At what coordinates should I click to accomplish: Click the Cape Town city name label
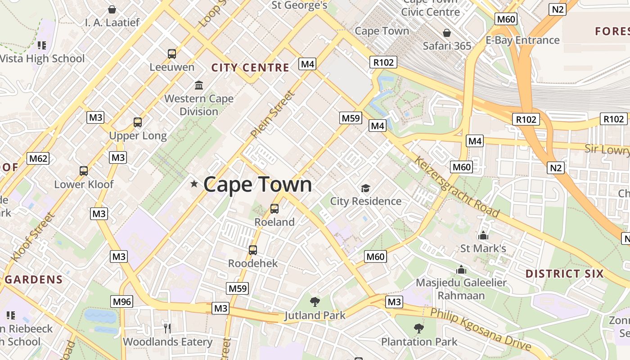click(257, 184)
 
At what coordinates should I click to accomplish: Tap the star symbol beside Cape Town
click(194, 184)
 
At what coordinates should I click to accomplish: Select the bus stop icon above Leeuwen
click(172, 54)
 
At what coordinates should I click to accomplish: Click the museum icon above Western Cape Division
click(199, 85)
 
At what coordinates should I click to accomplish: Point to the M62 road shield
click(38, 158)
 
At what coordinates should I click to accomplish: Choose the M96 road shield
click(122, 301)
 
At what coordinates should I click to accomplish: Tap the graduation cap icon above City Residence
click(365, 188)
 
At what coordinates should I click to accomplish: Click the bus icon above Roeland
click(274, 209)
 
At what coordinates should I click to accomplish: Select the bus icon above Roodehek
click(253, 250)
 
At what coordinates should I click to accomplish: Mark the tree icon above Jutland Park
click(315, 302)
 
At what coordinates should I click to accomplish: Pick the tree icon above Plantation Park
click(419, 328)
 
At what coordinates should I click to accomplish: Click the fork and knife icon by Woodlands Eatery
click(167, 328)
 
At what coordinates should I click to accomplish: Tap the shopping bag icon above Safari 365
click(447, 33)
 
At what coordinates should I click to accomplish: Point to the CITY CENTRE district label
click(250, 68)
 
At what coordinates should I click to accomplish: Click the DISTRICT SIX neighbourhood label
click(564, 274)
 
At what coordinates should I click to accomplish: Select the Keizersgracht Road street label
click(456, 186)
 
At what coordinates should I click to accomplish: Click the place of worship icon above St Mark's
click(483, 235)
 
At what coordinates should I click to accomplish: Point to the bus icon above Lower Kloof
click(84, 171)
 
